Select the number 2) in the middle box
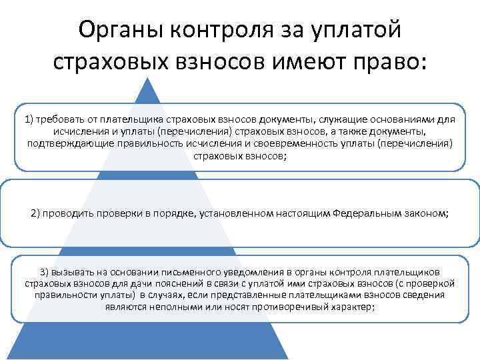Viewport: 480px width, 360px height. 37,213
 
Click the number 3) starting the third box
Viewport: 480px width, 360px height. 45,272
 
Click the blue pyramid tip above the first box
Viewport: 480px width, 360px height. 152,90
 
